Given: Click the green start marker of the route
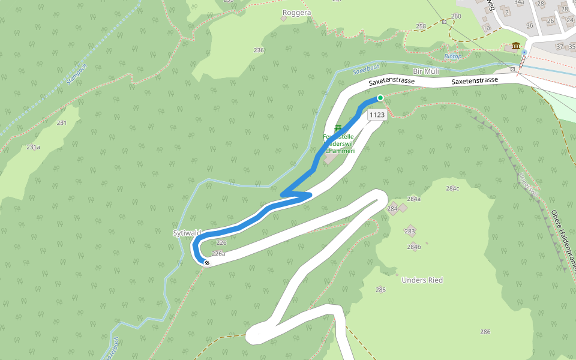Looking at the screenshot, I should (x=380, y=98).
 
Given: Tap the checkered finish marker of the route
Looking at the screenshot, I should (x=207, y=263).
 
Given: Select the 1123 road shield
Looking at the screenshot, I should (x=377, y=115).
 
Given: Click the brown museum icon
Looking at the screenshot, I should (x=516, y=46).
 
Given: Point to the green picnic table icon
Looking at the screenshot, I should (x=338, y=128).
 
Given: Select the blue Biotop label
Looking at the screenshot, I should (x=452, y=56).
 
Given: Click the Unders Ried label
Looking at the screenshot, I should (x=422, y=280).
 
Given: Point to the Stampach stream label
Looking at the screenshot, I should (x=77, y=74).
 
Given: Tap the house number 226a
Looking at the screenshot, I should (x=218, y=254).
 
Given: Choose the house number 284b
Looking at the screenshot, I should (x=414, y=247).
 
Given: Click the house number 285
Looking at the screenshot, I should (x=380, y=290).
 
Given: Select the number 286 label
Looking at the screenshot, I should (x=485, y=332).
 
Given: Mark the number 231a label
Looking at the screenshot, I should (x=33, y=147).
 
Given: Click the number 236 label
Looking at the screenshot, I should (x=259, y=50).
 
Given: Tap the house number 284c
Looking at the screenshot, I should (x=452, y=188).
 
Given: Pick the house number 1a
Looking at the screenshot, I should (x=486, y=28).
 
